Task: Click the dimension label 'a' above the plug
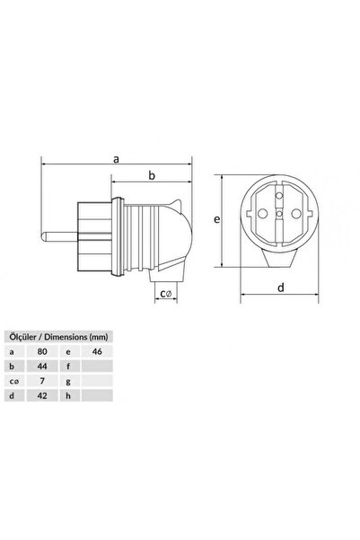coord(117,158)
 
